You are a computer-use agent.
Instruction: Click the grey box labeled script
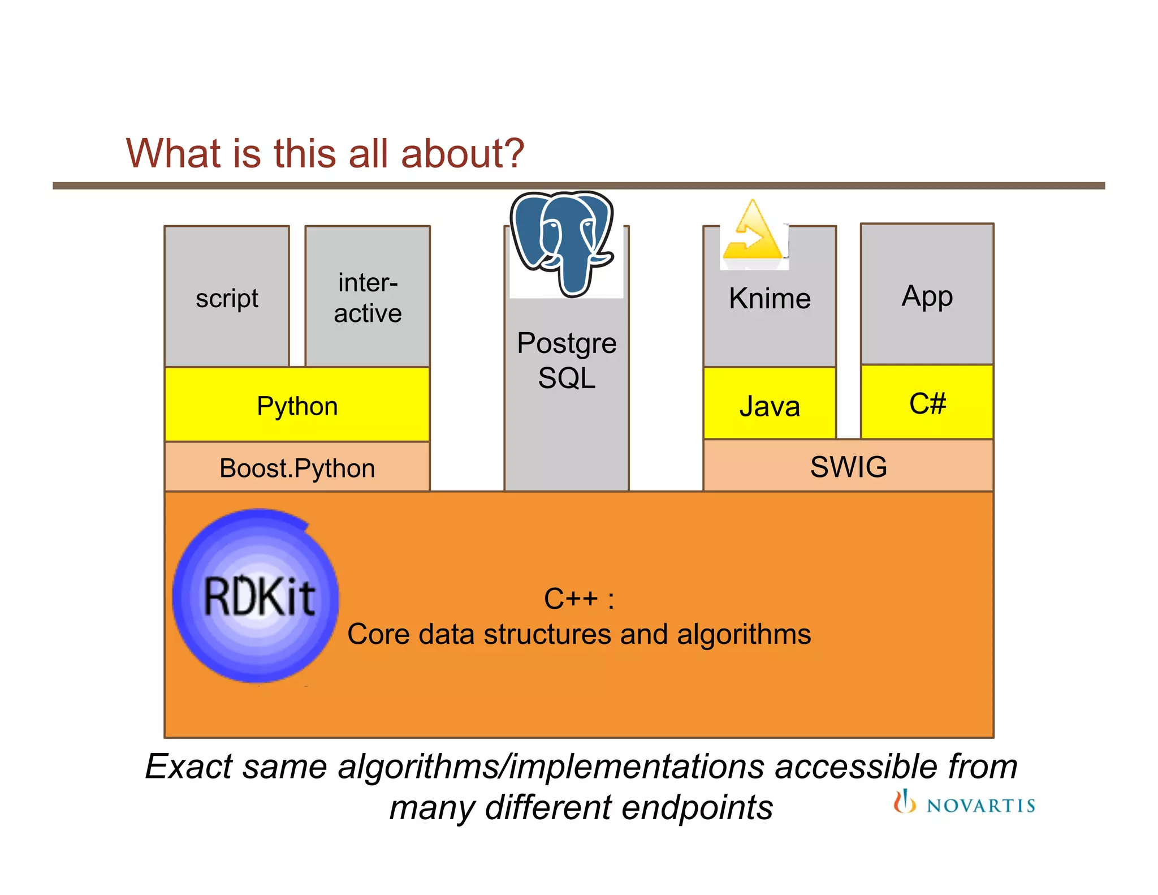click(x=227, y=297)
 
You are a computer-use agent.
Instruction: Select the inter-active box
click(x=368, y=297)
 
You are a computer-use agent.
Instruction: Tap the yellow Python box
click(x=297, y=405)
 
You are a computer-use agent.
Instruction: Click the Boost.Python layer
click(x=297, y=468)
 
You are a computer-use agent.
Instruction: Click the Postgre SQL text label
click(x=567, y=360)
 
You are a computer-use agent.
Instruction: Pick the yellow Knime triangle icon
click(x=753, y=233)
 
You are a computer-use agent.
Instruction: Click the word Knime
click(x=770, y=298)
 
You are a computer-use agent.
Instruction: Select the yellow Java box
click(x=770, y=405)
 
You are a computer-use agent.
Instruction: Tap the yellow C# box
click(x=927, y=403)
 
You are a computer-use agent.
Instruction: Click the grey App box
click(x=927, y=295)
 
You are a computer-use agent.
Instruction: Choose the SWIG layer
click(x=848, y=467)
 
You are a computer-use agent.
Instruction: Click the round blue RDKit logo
click(x=256, y=596)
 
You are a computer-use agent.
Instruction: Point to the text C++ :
click(x=579, y=599)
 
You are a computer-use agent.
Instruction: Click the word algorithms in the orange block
click(x=744, y=634)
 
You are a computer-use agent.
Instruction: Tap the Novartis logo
click(x=964, y=803)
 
